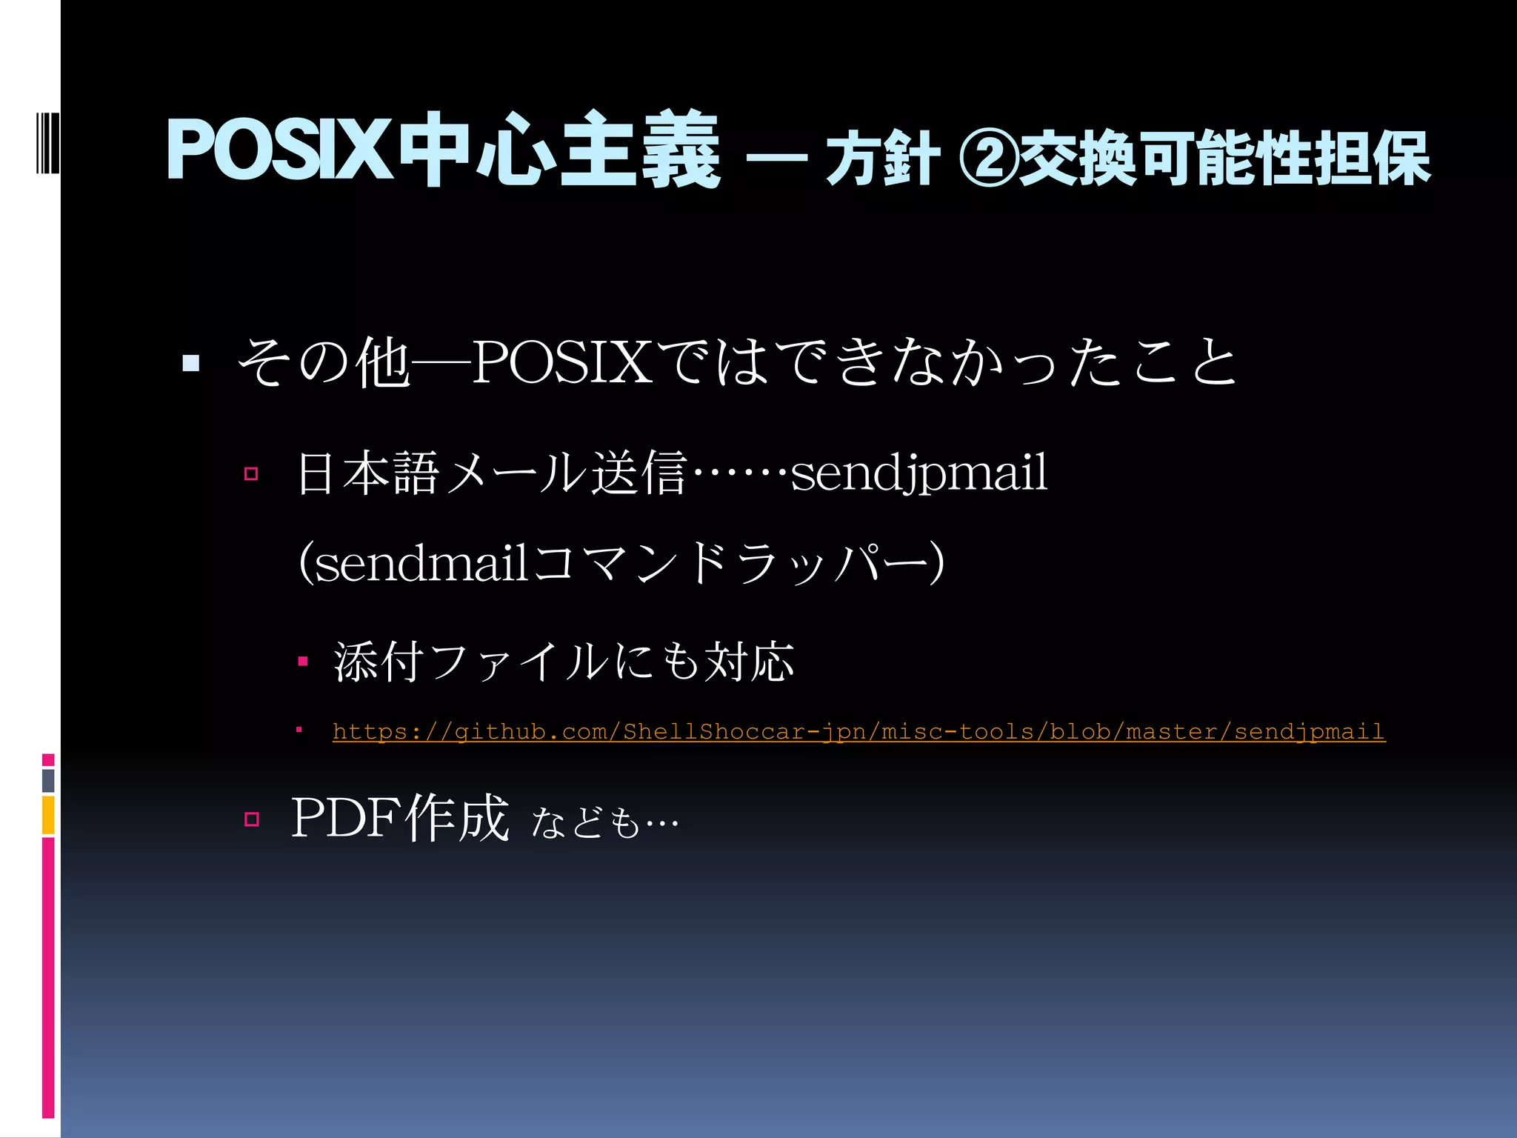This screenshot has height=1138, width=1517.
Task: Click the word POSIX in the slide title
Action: (279, 151)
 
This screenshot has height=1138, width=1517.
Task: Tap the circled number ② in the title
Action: (988, 157)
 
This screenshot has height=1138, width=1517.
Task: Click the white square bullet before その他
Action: (191, 363)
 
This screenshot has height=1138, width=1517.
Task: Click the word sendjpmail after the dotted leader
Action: (919, 473)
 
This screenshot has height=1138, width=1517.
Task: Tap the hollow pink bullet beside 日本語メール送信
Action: (251, 474)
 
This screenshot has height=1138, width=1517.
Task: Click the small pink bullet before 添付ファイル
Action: (302, 661)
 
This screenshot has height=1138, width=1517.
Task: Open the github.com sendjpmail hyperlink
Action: (858, 732)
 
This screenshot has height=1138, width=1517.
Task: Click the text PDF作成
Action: (401, 818)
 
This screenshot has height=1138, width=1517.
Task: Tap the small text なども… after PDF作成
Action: (604, 822)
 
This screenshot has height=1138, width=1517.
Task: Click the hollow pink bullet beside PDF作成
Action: (251, 819)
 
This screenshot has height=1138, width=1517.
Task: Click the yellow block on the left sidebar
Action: (48, 815)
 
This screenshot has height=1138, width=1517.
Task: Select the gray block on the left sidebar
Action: (48, 780)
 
